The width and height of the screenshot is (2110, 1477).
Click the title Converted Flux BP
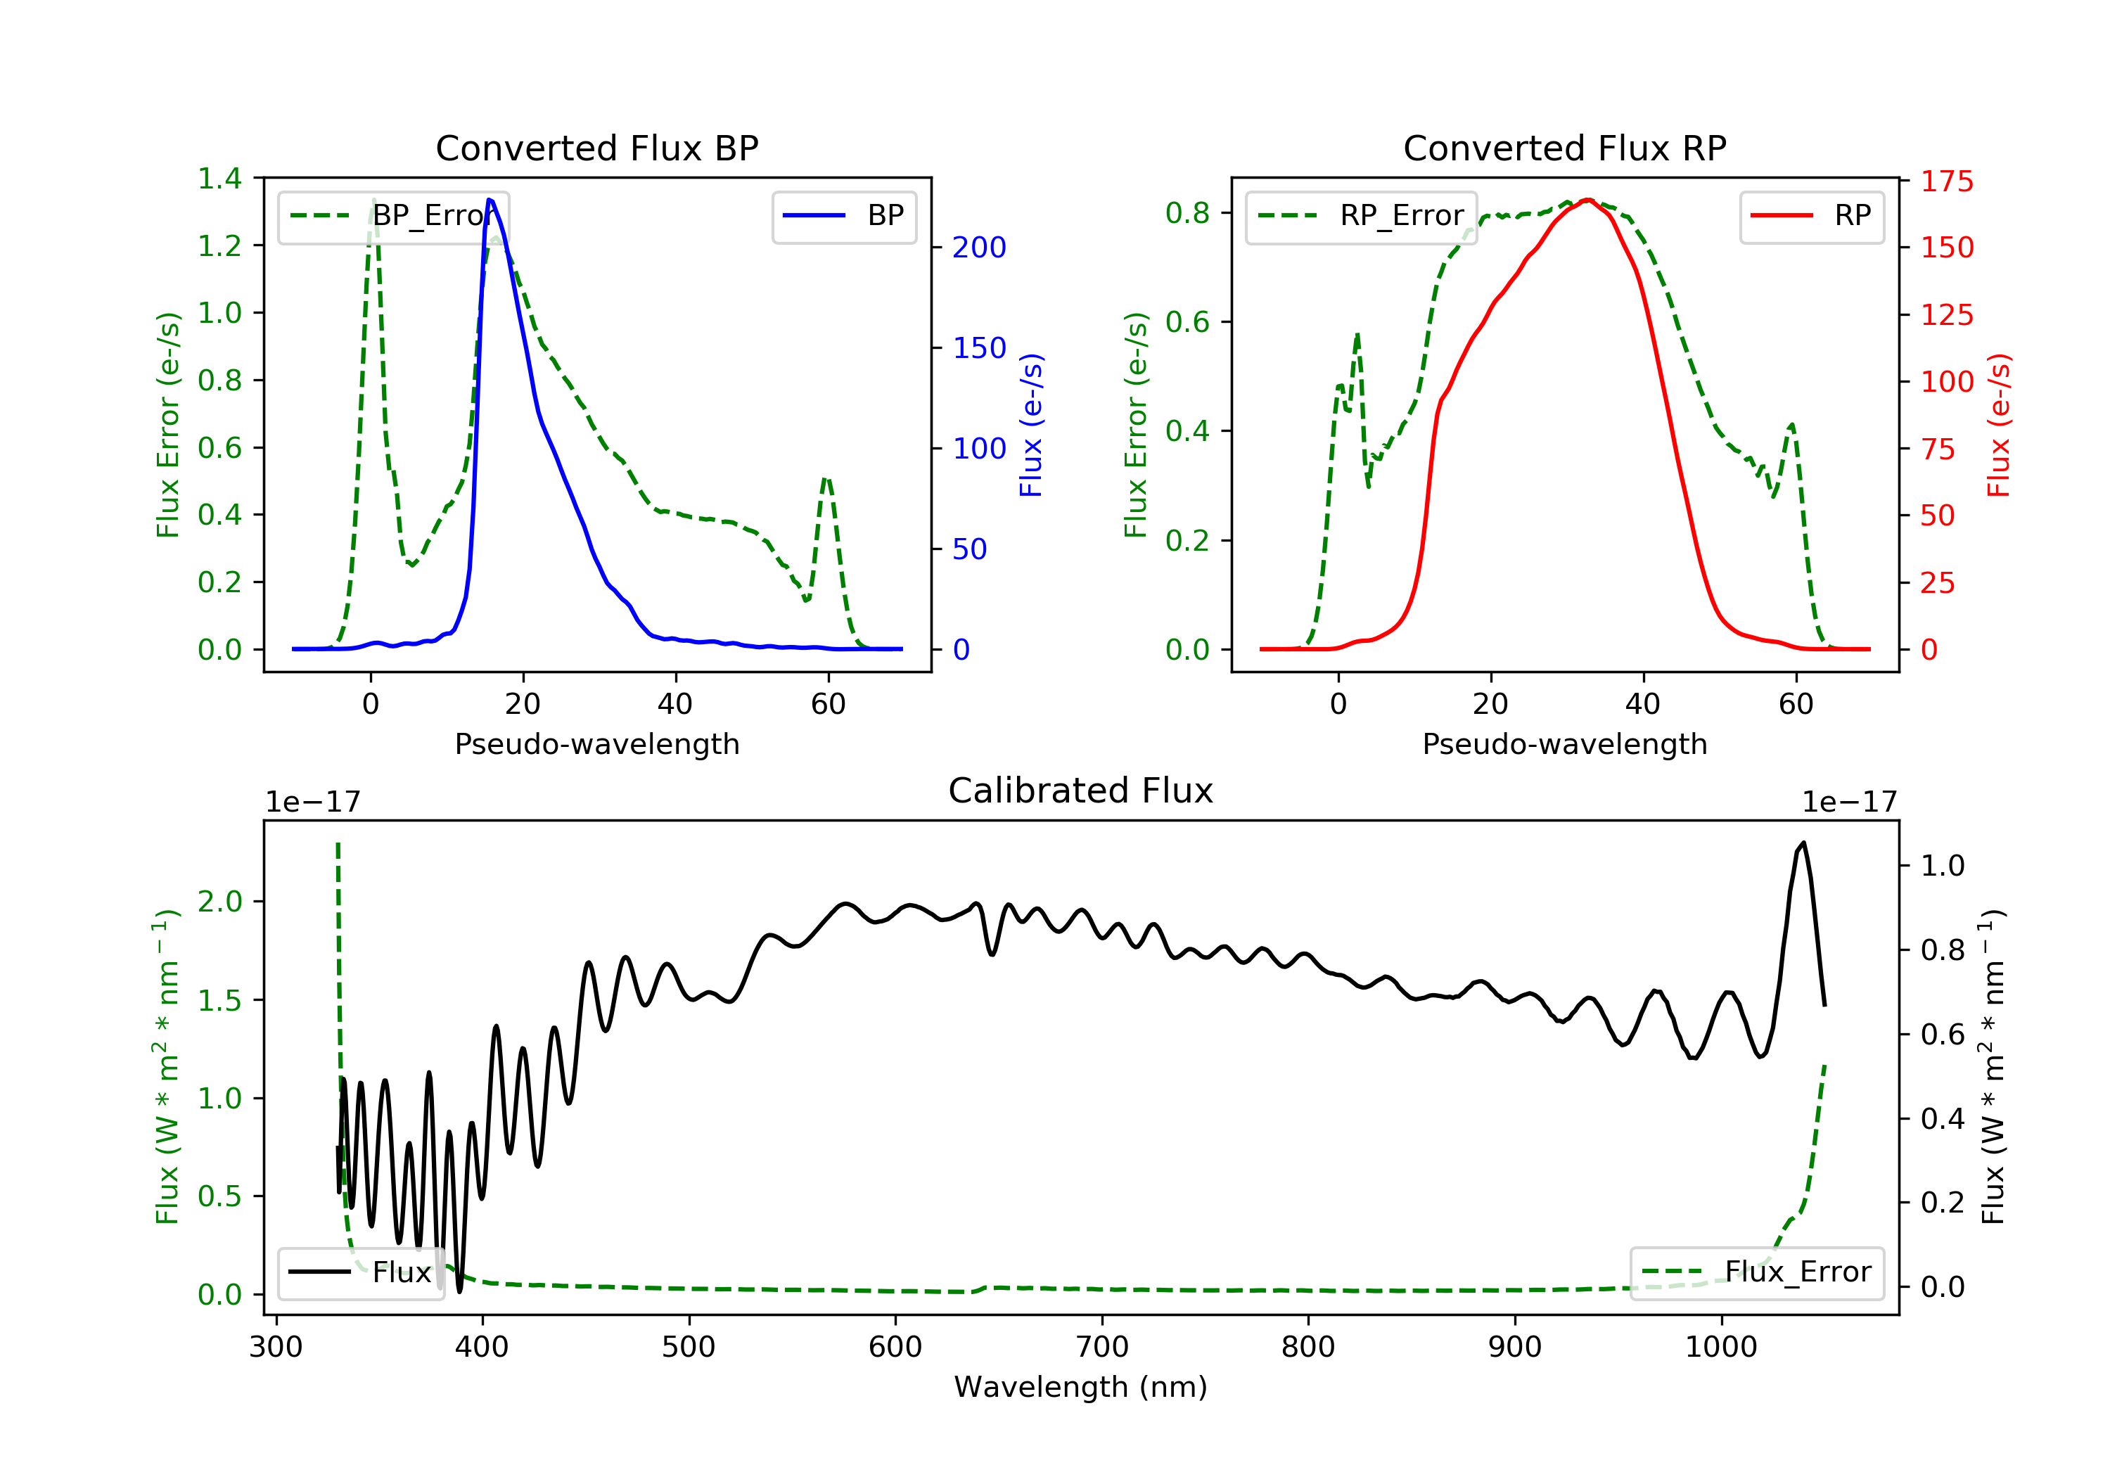coord(596,148)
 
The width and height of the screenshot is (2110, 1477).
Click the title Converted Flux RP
coord(1564,148)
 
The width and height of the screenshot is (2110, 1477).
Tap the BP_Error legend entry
coord(392,216)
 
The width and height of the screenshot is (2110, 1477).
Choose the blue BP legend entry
coord(843,216)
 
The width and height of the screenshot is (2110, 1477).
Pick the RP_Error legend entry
coord(1360,216)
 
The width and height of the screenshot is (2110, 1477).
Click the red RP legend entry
coord(1811,216)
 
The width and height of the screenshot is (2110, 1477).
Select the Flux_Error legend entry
coord(1756,1272)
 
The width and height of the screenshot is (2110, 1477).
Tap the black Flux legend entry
coord(360,1272)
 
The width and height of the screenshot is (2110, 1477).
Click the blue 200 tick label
coord(979,248)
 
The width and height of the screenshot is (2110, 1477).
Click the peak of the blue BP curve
coord(490,200)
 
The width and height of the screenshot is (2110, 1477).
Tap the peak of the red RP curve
coord(1587,200)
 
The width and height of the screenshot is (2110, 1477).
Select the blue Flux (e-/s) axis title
coord(1031,426)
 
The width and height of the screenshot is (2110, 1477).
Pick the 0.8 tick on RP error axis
coord(1187,213)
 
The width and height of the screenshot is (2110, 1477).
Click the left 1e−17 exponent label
coord(312,803)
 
